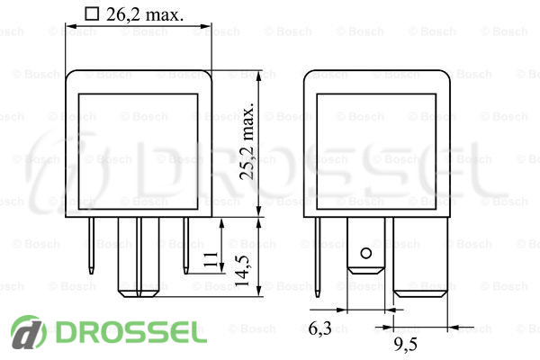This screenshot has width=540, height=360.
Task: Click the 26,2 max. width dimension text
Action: (145, 14)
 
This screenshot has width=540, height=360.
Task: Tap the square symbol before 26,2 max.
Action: (92, 14)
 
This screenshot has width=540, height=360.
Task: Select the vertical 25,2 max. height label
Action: (247, 140)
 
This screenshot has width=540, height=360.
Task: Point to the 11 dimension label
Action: (211, 259)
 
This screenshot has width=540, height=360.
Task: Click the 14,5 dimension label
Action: (242, 271)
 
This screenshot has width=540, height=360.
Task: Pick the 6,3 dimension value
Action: (319, 328)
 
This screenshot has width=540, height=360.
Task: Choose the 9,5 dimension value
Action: (406, 344)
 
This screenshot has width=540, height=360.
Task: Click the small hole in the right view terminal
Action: (365, 254)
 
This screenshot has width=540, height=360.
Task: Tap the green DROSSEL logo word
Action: (131, 332)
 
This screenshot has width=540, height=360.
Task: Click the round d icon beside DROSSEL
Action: (28, 332)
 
